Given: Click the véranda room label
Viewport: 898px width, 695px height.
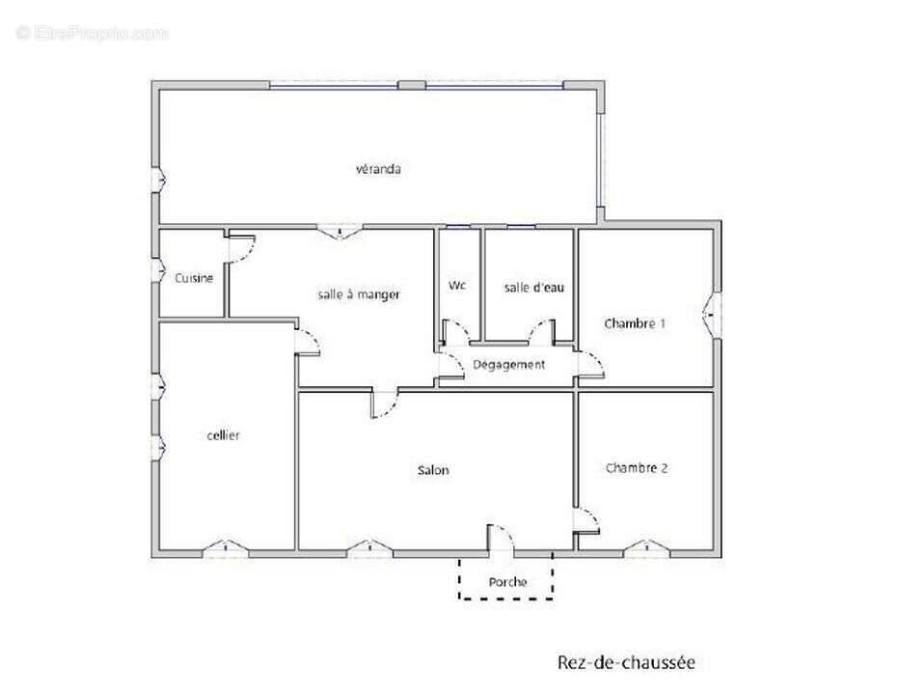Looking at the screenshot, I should pyautogui.click(x=378, y=169).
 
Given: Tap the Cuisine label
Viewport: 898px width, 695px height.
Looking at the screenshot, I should pyautogui.click(x=194, y=278).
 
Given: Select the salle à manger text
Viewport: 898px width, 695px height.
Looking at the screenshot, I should pyautogui.click(x=359, y=294).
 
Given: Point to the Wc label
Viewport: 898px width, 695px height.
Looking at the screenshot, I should pyautogui.click(x=457, y=286).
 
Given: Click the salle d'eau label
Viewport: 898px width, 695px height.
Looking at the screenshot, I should pyautogui.click(x=530, y=287).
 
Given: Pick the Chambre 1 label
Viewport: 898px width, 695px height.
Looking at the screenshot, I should pyautogui.click(x=635, y=323).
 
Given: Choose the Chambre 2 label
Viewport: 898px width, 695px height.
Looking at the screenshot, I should pyautogui.click(x=637, y=468).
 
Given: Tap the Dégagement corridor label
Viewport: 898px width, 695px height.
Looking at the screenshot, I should pyautogui.click(x=508, y=364).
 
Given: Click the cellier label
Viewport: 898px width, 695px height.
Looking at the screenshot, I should pyautogui.click(x=223, y=435).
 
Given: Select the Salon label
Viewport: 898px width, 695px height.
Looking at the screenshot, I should pyautogui.click(x=433, y=471).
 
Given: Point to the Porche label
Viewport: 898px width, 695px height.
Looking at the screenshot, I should pyautogui.click(x=507, y=582).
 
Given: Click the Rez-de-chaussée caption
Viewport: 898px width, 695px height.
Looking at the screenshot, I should pyautogui.click(x=625, y=662).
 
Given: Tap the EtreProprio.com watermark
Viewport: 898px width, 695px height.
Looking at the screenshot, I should pyautogui.click(x=92, y=33).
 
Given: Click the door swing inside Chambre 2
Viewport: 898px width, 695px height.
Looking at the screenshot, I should pyautogui.click(x=587, y=520).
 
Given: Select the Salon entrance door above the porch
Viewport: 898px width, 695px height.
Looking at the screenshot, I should pyautogui.click(x=501, y=539).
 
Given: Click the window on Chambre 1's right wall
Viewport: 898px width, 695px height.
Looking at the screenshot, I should pyautogui.click(x=715, y=310).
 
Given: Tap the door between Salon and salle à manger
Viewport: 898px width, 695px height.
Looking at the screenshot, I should pyautogui.click(x=384, y=403).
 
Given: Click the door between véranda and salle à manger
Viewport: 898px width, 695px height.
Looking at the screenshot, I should pyautogui.click(x=339, y=231).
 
